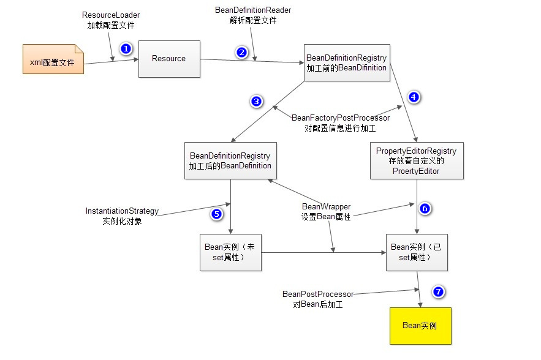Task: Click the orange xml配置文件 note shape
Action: [53, 59]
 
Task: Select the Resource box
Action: [169, 59]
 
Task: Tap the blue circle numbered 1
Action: [126, 48]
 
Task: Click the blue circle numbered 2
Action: [242, 52]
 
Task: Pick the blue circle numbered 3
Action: [257, 101]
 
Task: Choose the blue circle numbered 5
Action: [216, 214]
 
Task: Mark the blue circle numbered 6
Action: [425, 208]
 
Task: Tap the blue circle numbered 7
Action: [437, 291]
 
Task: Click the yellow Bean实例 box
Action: [420, 326]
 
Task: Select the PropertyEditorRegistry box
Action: [417, 160]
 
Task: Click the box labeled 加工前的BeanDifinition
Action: [346, 63]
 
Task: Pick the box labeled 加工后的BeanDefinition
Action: [230, 160]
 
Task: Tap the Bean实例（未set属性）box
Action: [230, 252]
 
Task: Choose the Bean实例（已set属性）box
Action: [417, 252]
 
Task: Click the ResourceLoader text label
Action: [111, 15]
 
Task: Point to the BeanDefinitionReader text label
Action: [253, 10]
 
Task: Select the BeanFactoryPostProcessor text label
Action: [340, 118]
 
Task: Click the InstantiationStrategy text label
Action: [122, 211]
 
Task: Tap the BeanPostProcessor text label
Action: [318, 294]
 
